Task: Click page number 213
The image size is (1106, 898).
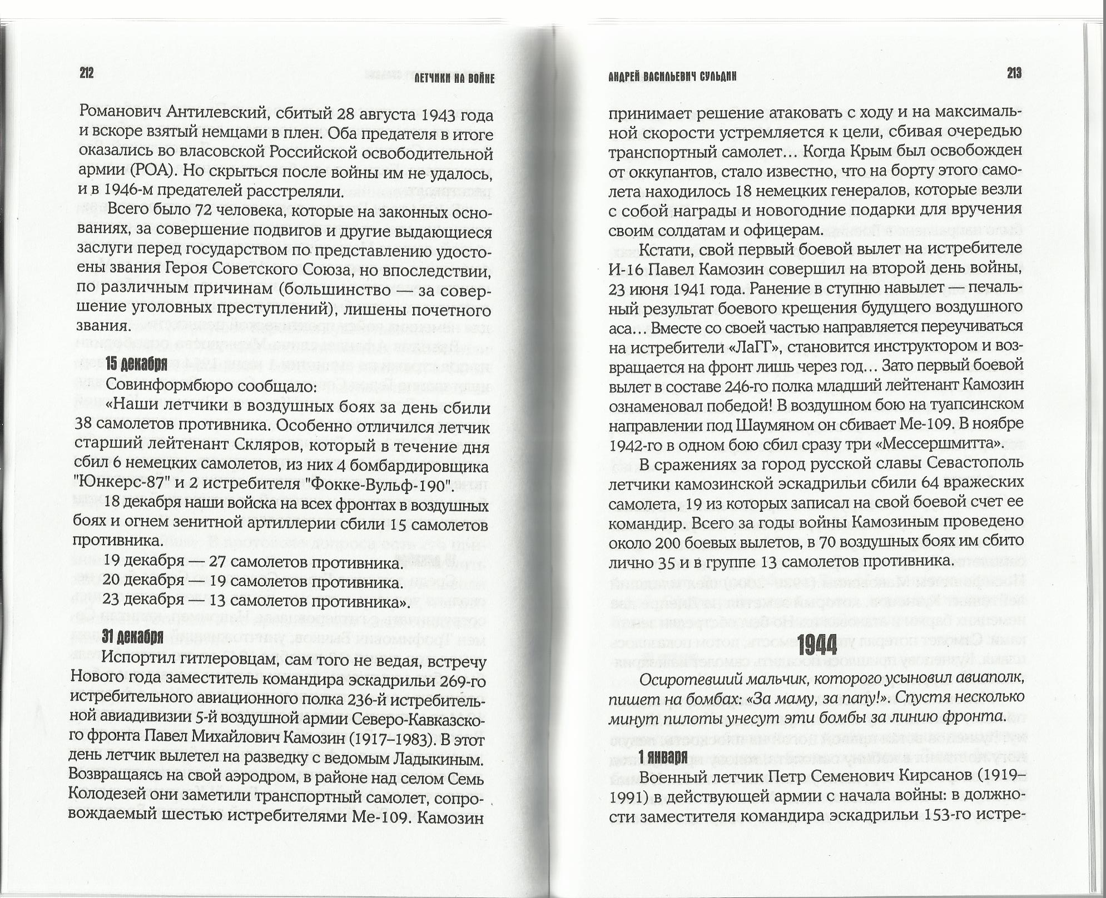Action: [1014, 74]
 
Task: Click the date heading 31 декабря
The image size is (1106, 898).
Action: [133, 637]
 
